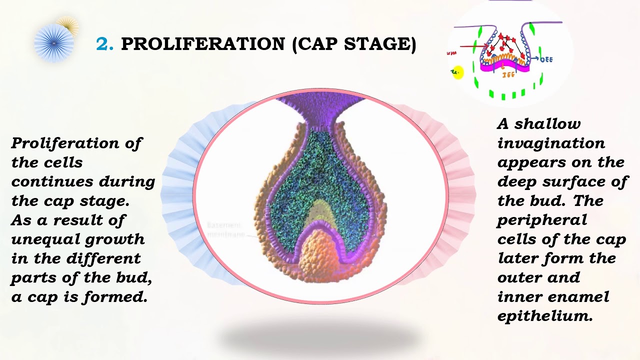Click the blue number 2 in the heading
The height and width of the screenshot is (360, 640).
pos(104,44)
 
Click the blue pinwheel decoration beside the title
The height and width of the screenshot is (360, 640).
pos(53,43)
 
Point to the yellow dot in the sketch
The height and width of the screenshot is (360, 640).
pos(457,72)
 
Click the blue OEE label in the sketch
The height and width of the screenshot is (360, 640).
pos(547,59)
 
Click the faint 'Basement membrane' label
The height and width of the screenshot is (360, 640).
pos(224,229)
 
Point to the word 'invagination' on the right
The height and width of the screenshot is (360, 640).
pos(550,143)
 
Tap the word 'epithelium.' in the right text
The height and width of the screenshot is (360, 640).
pos(544,316)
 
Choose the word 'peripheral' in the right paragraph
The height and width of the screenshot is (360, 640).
pos(542,220)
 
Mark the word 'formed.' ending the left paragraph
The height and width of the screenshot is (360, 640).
pos(123,297)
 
